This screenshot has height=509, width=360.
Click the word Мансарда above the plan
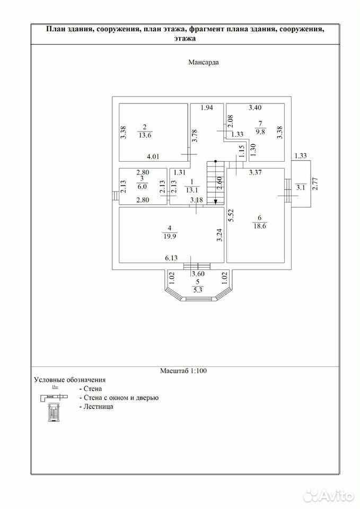pyautogui.click(x=204, y=63)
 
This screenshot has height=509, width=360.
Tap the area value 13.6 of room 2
pyautogui.click(x=145, y=135)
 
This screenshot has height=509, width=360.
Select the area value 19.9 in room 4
pyautogui.click(x=170, y=236)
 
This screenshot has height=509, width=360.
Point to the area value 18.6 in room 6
pyautogui.click(x=260, y=226)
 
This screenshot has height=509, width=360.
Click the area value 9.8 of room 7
pyautogui.click(x=260, y=132)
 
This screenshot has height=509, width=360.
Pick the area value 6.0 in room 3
pyautogui.click(x=142, y=187)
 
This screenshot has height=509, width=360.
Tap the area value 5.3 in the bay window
pyautogui.click(x=198, y=290)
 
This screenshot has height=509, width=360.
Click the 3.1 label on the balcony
pyautogui.click(x=301, y=187)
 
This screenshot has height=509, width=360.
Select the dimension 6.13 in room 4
pyautogui.click(x=171, y=258)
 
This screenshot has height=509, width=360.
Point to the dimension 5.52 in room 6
pyautogui.click(x=231, y=215)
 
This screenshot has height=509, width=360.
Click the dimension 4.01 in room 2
pyautogui.click(x=153, y=156)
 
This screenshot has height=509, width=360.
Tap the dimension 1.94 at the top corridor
pyautogui.click(x=207, y=108)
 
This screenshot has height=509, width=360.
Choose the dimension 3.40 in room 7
pyautogui.click(x=255, y=108)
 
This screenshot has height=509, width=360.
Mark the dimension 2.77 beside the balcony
pyautogui.click(x=315, y=183)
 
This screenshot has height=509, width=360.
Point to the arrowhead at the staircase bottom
pyautogui.click(x=216, y=202)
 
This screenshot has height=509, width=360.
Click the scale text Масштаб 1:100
pyautogui.click(x=183, y=371)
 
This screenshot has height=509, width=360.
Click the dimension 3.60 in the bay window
pyautogui.click(x=198, y=274)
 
